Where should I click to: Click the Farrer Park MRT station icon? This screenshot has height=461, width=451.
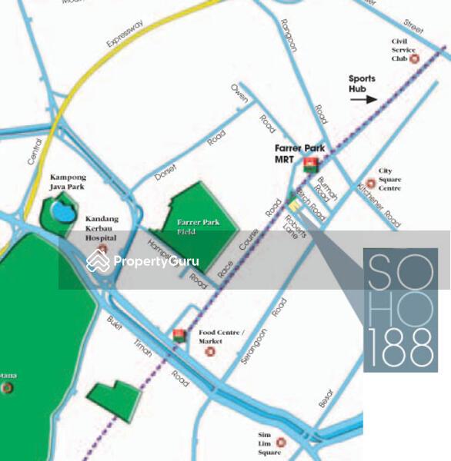pyautogui.click(x=311, y=164)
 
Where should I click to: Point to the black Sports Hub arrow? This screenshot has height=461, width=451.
pyautogui.click(x=366, y=98)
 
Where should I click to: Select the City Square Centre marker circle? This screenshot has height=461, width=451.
pyautogui.click(x=370, y=183)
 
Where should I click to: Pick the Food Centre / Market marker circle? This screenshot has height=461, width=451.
pyautogui.click(x=210, y=352)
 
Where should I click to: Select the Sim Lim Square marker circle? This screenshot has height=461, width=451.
pyautogui.click(x=281, y=443)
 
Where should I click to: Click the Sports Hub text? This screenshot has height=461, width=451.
pyautogui.click(x=362, y=83)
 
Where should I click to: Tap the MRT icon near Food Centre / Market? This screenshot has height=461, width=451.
pyautogui.click(x=179, y=334)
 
